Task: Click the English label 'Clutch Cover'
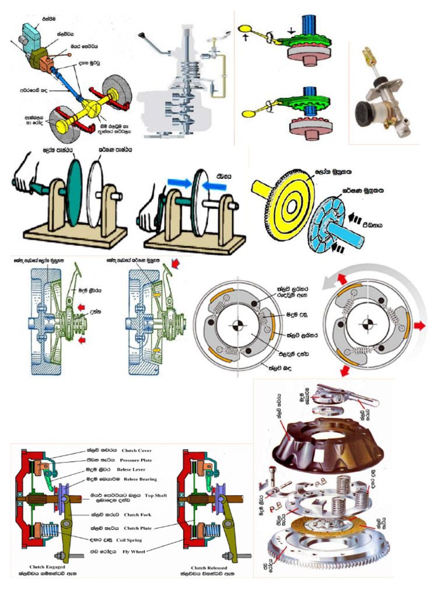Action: tap(137, 450)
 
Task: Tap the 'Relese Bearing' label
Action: tap(138, 479)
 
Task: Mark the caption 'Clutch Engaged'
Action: tap(47, 567)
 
